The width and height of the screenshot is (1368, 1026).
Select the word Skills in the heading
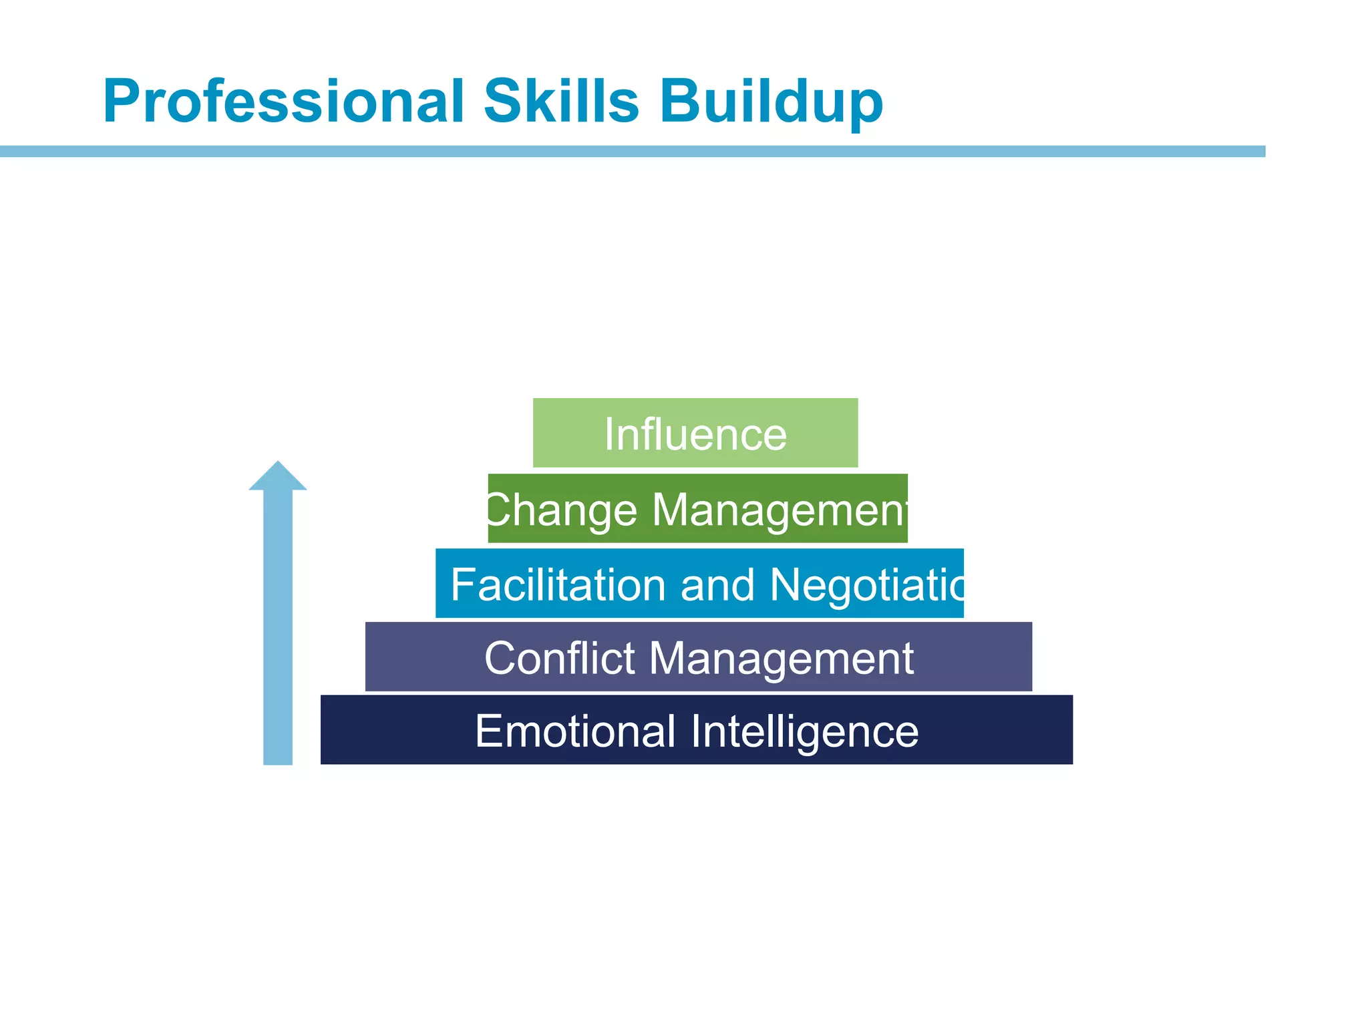561,102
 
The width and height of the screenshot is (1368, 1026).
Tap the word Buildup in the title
772,102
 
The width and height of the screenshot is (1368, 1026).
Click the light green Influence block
695,433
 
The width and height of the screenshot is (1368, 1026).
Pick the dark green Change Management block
697,508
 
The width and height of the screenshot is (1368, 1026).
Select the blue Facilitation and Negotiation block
699,583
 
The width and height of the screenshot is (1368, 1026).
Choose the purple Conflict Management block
699,657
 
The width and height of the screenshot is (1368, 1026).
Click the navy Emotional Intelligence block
697,729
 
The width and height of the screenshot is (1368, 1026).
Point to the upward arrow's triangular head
278,478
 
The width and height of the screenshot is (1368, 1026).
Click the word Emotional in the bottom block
575,731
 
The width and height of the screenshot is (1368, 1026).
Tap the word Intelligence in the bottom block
805,731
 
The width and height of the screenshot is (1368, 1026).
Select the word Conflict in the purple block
560,658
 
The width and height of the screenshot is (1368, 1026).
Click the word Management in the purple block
782,658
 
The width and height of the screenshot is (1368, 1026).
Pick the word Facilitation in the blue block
558,584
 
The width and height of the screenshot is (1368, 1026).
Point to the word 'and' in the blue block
718,584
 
